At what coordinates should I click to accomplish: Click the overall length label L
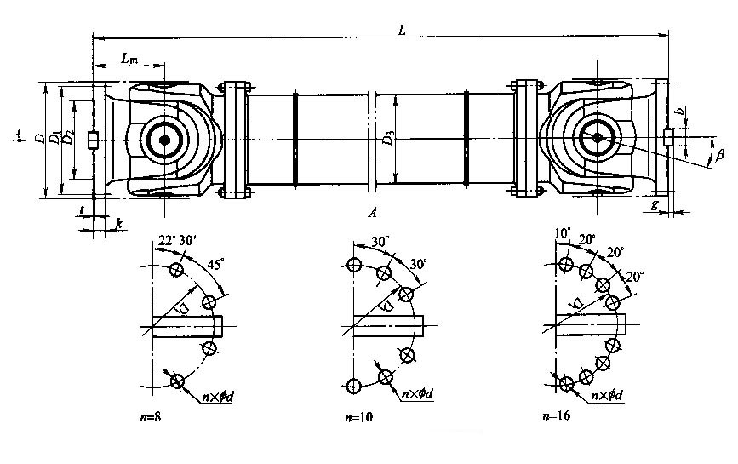coord(402,30)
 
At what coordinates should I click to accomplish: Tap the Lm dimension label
coord(129,59)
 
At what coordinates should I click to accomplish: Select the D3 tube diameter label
coord(388,138)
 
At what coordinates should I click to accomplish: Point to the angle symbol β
coord(719,157)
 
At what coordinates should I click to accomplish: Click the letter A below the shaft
coord(372,214)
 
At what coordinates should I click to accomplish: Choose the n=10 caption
coord(357,417)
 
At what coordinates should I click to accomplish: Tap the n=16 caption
coord(556,416)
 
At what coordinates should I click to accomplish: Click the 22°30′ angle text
coord(175,242)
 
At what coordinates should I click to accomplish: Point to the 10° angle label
coord(562,232)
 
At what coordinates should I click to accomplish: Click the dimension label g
coord(655,205)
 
